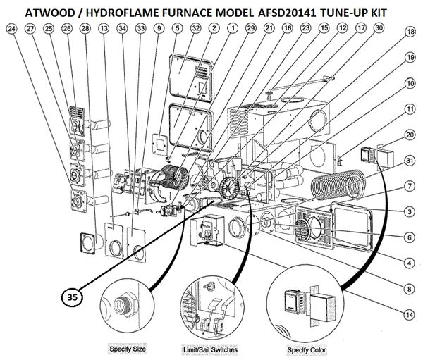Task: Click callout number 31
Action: tap(409, 161)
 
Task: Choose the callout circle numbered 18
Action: tap(409, 32)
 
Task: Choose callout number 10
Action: tap(409, 83)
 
